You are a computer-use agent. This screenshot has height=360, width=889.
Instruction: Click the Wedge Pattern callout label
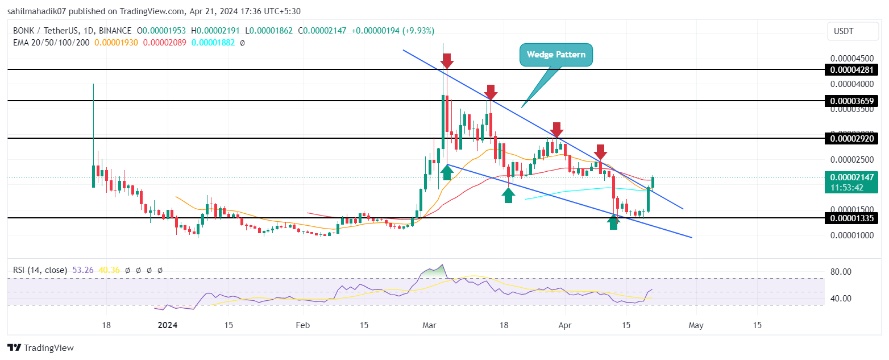556,55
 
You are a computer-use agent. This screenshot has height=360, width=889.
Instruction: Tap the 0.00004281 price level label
851,70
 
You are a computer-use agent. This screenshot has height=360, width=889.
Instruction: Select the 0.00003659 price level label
851,101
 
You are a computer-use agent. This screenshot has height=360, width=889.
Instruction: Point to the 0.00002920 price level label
851,138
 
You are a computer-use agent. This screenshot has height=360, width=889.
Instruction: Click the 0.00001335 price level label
851,218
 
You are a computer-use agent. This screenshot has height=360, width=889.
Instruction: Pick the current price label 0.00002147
851,177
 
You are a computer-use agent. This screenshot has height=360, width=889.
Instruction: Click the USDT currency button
851,31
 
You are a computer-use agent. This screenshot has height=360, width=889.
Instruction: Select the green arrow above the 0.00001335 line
613,222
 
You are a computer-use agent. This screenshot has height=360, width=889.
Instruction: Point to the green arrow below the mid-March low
509,195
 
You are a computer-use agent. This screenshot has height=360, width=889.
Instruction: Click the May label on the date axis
696,325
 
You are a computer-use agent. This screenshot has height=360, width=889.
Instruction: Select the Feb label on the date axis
302,325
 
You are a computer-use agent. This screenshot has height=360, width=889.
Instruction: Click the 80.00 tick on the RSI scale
840,272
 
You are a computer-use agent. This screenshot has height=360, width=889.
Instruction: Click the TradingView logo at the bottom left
41,347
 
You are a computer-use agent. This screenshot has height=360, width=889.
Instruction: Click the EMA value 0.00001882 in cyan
214,43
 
